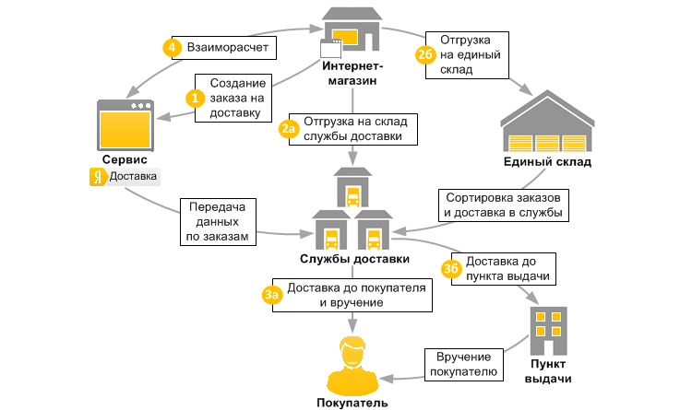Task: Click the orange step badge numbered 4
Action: (170, 47)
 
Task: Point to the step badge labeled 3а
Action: (270, 295)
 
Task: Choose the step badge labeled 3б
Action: (451, 268)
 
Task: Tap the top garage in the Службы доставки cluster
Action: (352, 188)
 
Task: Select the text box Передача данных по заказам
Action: (219, 223)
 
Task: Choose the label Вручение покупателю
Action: (463, 365)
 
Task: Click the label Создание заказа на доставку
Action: (235, 97)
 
